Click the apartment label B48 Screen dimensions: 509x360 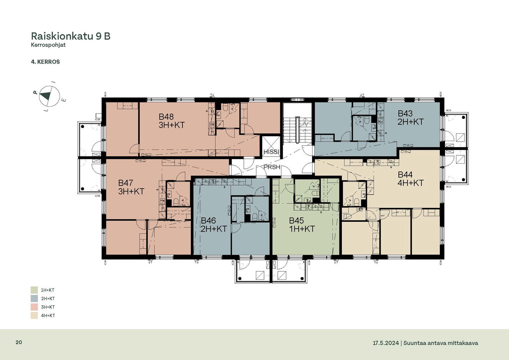click(x=166, y=117)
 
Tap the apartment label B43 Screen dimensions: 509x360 click(x=405, y=114)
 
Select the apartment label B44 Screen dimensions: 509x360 click(x=405, y=175)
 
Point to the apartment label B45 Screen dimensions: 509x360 click(x=296, y=220)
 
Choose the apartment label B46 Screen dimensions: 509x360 click(x=209, y=220)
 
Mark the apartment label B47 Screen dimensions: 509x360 click(x=125, y=183)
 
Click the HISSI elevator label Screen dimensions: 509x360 click(x=271, y=152)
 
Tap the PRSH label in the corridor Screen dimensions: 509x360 click(x=272, y=167)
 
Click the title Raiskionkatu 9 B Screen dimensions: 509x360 click(x=71, y=36)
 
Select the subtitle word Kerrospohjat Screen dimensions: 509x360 click(x=48, y=45)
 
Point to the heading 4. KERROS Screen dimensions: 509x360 click(x=46, y=62)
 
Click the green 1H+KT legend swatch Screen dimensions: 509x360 click(x=34, y=290)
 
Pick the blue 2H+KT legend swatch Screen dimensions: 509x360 click(x=34, y=298)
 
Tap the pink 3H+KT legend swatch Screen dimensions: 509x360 click(x=34, y=307)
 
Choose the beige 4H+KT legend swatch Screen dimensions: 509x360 click(x=34, y=315)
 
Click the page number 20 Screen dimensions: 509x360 click(x=19, y=343)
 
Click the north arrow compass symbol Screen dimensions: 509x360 click(x=49, y=96)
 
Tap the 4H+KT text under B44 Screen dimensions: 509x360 click(x=411, y=183)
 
